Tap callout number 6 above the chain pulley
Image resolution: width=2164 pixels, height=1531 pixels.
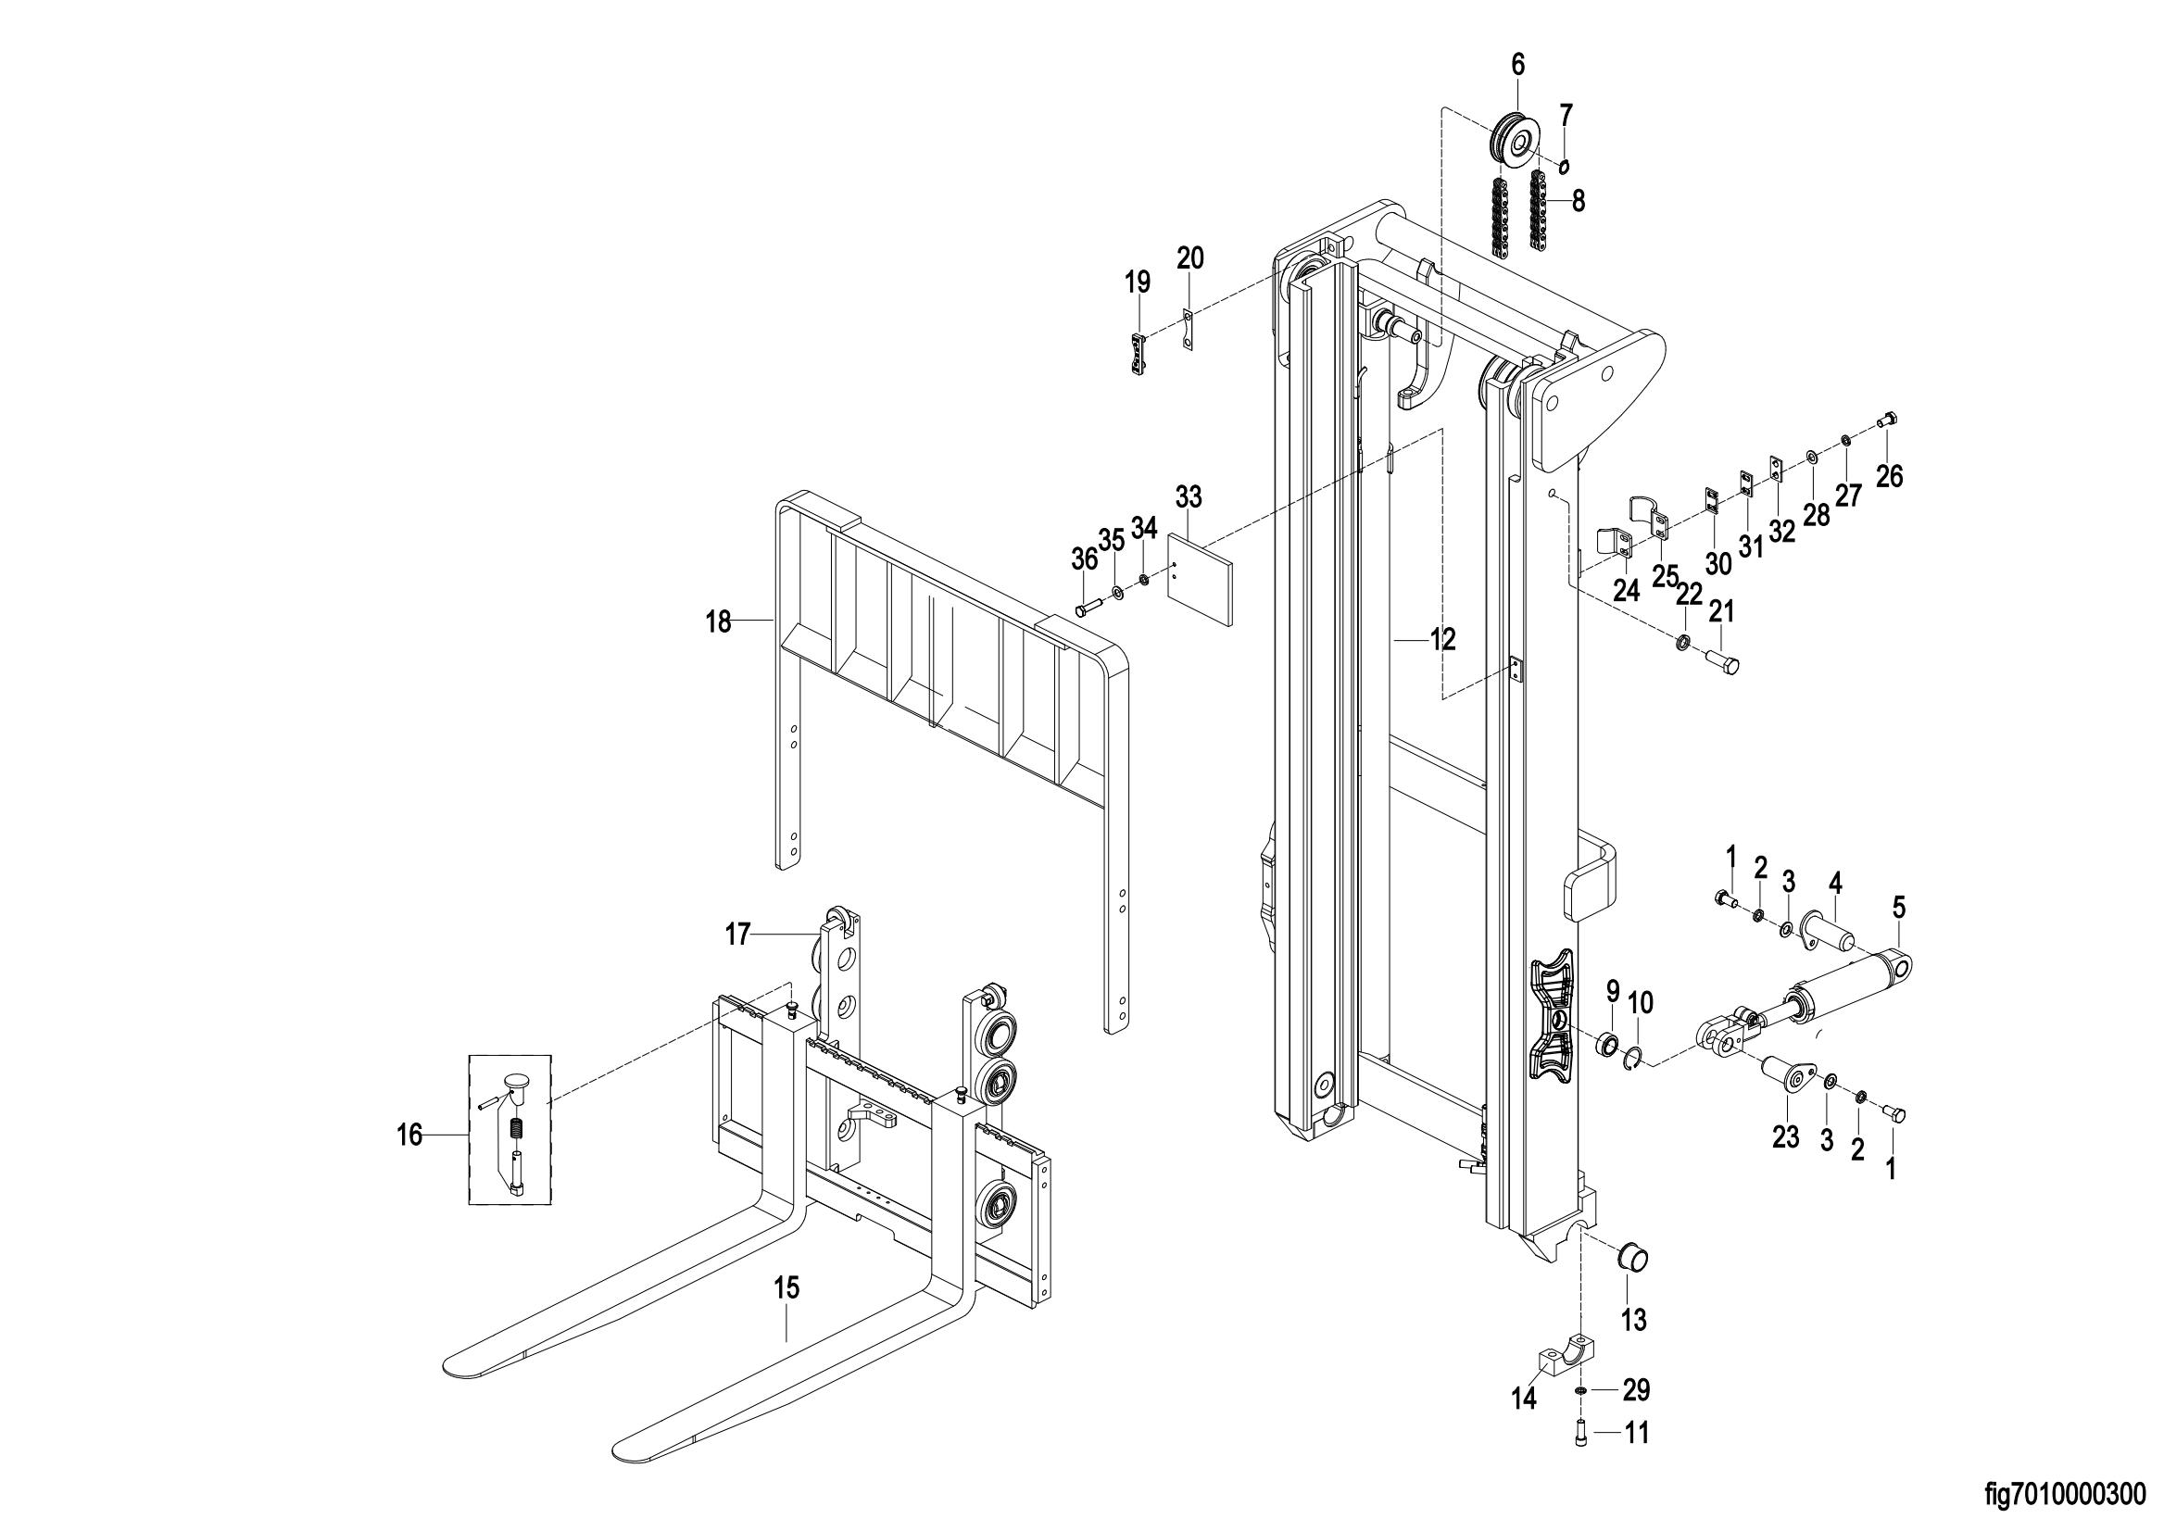[1517, 65]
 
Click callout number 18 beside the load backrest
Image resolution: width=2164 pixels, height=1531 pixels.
[719, 622]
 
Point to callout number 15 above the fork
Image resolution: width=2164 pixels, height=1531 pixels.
[786, 1286]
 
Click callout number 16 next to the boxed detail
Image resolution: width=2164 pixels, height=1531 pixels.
[409, 1136]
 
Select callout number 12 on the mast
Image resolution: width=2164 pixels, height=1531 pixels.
[1442, 640]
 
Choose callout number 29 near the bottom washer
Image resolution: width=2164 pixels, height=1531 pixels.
[1636, 1389]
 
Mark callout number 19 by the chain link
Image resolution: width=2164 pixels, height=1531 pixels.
[1138, 282]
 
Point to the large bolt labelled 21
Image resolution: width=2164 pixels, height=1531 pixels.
[1721, 659]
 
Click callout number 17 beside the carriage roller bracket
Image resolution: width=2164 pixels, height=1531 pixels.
[737, 935]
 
